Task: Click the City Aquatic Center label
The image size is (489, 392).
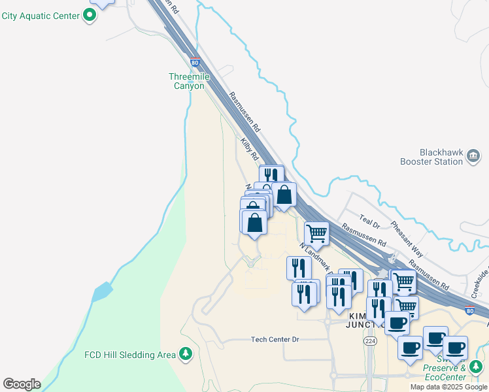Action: pyautogui.click(x=40, y=16)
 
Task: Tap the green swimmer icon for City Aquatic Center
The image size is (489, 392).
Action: pyautogui.click(x=90, y=16)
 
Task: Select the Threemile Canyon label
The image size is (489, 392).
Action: pyautogui.click(x=190, y=81)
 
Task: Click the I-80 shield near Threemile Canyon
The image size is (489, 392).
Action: pyautogui.click(x=195, y=63)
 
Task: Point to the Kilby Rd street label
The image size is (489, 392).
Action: pyautogui.click(x=249, y=150)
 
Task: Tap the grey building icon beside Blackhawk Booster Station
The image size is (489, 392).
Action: pyautogui.click(x=474, y=155)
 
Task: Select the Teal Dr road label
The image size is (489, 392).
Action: pyautogui.click(x=370, y=221)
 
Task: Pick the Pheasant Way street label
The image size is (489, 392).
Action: pyautogui.click(x=407, y=238)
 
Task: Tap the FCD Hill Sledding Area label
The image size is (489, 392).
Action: pyautogui.click(x=130, y=355)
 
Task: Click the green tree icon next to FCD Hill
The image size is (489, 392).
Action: pyautogui.click(x=186, y=354)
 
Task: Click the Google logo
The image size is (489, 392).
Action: pyautogui.click(x=22, y=384)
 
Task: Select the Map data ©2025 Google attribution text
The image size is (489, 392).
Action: pyautogui.click(x=448, y=387)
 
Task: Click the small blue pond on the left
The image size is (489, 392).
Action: pyautogui.click(x=101, y=291)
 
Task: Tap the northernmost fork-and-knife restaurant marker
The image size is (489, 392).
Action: pyautogui.click(x=271, y=176)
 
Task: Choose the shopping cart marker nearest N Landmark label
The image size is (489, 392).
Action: pyautogui.click(x=317, y=233)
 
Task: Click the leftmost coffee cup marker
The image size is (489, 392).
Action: pyautogui.click(x=397, y=322)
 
